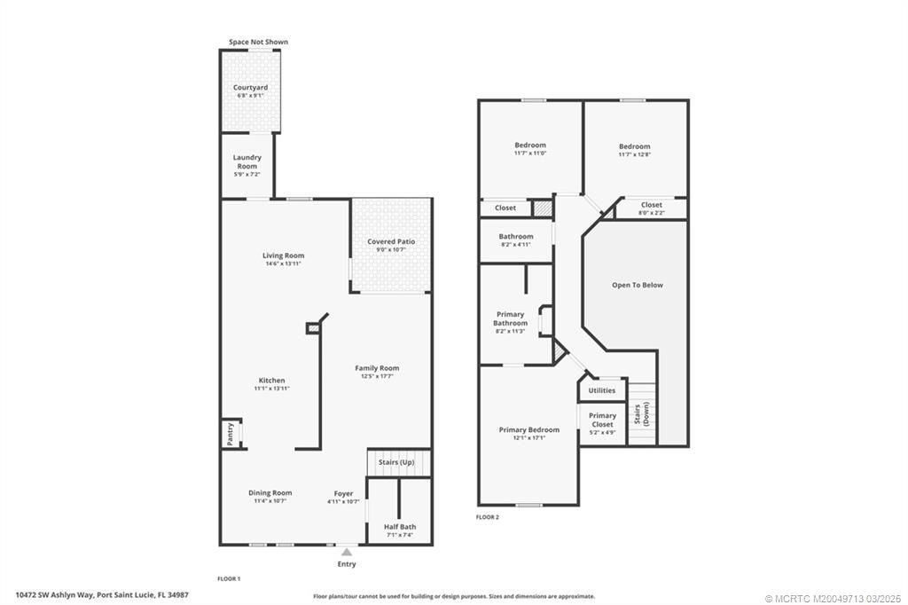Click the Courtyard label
[x=250, y=88]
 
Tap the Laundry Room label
[x=247, y=161]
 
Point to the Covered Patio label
[x=391, y=241]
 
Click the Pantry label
[x=230, y=433]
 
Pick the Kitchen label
[x=271, y=381]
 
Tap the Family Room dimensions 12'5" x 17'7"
[x=377, y=376]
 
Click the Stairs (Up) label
[x=397, y=462]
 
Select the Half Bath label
[x=400, y=526]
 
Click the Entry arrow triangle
[x=347, y=552]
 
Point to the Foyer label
[x=343, y=493]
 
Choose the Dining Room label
[x=270, y=493]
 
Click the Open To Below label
[x=637, y=285]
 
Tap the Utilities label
[x=601, y=390]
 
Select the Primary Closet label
[x=602, y=420]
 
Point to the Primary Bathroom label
[x=510, y=318]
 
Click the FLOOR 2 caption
[x=488, y=517]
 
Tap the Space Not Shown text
[x=258, y=42]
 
